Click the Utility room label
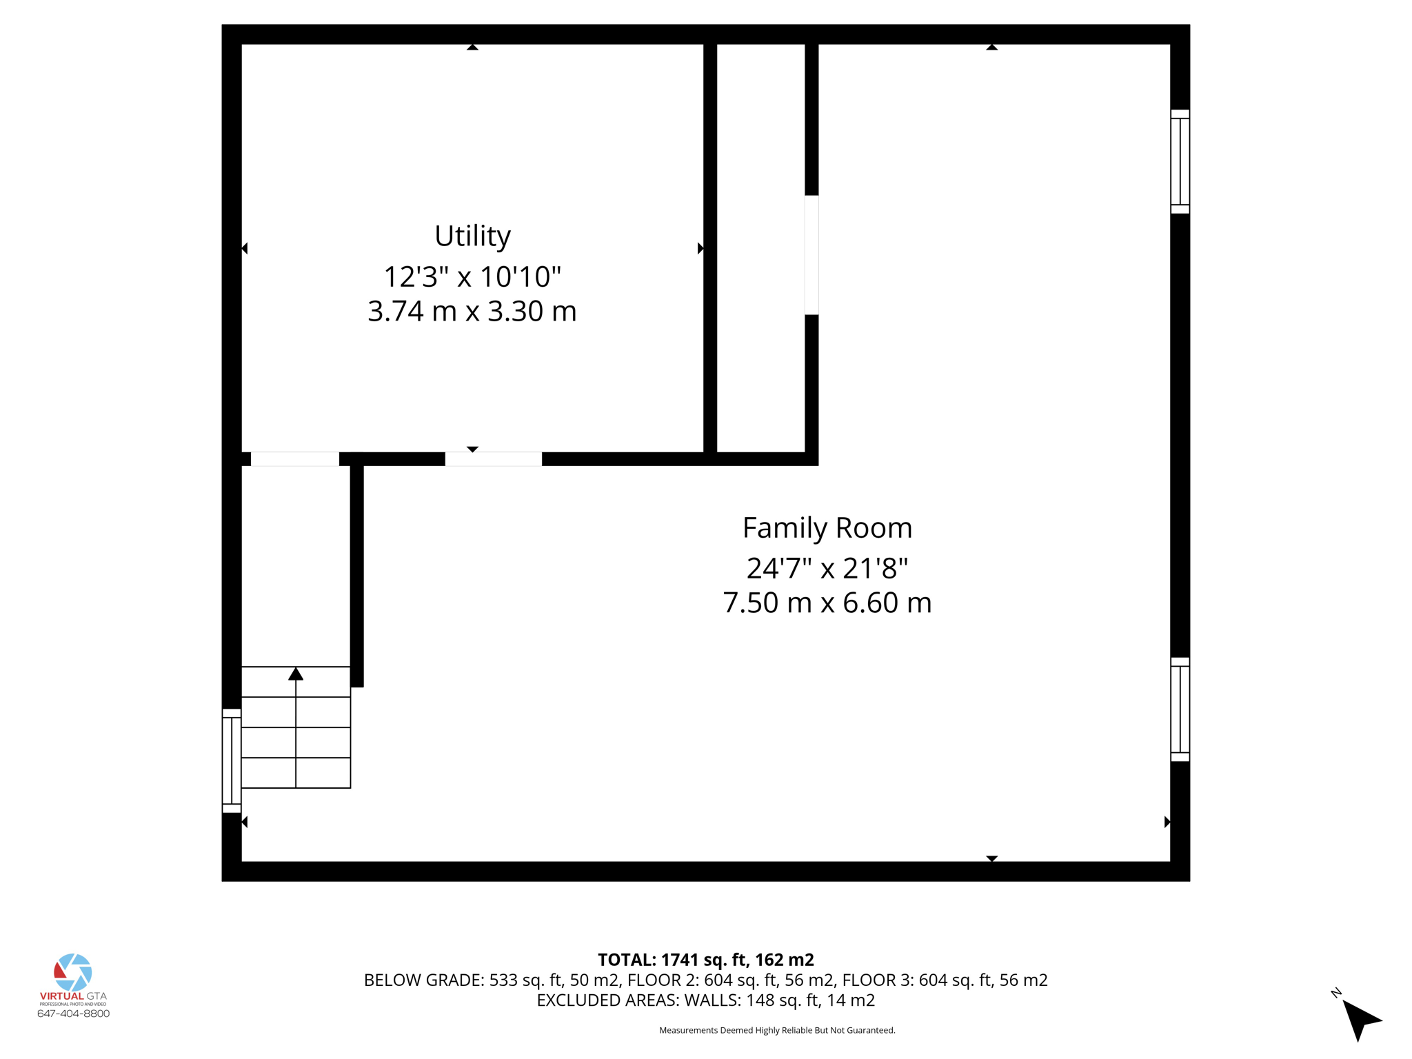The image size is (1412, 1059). [472, 236]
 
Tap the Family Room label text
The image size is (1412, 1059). [827, 527]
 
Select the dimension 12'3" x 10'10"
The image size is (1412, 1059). [472, 276]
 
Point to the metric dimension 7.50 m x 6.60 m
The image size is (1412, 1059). [827, 603]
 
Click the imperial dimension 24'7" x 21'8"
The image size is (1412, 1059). [827, 569]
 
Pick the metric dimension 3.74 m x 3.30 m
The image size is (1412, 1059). [472, 311]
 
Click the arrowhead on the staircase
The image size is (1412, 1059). [296, 674]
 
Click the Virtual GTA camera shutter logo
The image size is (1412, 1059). [73, 972]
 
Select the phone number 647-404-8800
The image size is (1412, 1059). [73, 1013]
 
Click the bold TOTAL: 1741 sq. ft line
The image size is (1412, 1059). [705, 960]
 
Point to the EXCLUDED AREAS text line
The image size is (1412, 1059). [705, 1000]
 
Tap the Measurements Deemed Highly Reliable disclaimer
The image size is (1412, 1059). [777, 1030]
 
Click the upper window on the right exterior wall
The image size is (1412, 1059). [1180, 161]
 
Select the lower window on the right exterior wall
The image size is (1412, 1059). [1180, 709]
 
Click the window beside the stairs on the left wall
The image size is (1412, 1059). [232, 760]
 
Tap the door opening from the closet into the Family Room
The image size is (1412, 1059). [811, 255]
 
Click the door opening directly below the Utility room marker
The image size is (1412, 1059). [493, 459]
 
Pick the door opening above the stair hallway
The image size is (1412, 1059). [294, 459]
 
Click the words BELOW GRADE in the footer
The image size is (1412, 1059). [423, 980]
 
